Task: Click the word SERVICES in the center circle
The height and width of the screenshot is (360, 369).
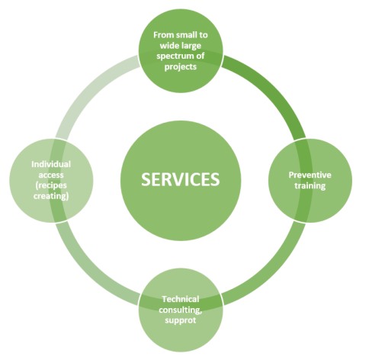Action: click(x=180, y=179)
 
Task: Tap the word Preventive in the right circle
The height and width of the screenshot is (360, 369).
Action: click(x=310, y=175)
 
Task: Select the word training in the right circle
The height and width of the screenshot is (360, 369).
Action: click(x=310, y=186)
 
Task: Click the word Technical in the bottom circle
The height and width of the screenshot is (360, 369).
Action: click(x=181, y=299)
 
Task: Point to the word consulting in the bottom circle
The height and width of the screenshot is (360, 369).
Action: click(x=180, y=310)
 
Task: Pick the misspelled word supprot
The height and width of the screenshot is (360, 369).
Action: click(x=181, y=320)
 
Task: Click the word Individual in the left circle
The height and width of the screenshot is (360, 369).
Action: click(x=51, y=164)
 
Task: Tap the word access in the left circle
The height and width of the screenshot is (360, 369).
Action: click(x=51, y=175)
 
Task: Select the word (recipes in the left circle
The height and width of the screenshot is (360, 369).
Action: click(x=51, y=185)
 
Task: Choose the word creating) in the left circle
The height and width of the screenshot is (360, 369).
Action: click(x=51, y=196)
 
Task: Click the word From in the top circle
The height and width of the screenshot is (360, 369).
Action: click(x=162, y=35)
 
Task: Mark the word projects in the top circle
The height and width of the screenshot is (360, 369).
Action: click(x=181, y=67)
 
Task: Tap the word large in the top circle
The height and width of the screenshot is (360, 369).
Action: click(x=191, y=46)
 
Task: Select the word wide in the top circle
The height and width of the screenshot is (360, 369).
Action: click(x=169, y=46)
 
